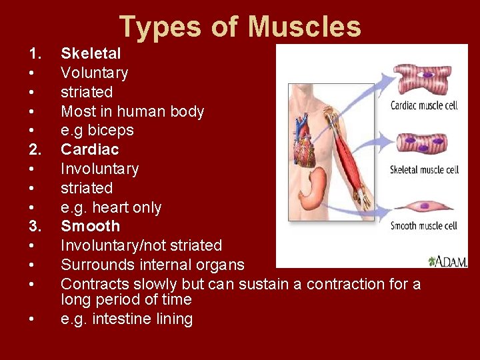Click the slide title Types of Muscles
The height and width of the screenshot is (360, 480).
(240, 27)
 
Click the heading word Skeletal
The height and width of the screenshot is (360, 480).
(91, 53)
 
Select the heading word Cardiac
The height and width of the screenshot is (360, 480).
(89, 149)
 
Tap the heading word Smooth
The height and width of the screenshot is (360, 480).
(90, 226)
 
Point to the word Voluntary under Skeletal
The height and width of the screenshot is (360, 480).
(94, 73)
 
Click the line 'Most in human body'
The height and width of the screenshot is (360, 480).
(132, 111)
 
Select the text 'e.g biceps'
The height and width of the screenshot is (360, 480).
(97, 130)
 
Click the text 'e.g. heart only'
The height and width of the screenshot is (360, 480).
(111, 207)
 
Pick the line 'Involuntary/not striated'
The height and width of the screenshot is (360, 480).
(141, 245)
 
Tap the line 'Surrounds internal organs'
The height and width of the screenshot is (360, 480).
(152, 265)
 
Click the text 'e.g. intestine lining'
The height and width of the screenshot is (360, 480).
(126, 319)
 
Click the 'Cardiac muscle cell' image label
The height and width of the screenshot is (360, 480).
(423, 105)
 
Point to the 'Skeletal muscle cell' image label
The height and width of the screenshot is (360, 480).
(424, 169)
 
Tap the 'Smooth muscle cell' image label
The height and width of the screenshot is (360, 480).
(423, 225)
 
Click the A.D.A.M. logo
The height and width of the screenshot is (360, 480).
(448, 261)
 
